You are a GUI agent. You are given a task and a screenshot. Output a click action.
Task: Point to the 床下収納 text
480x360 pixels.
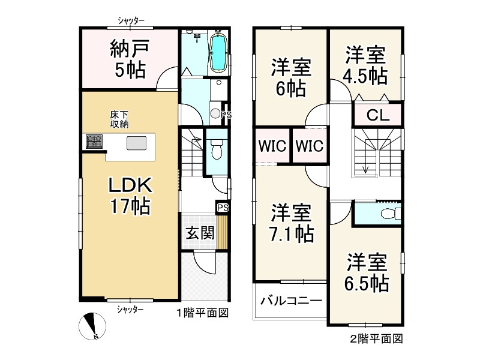coord(119,119)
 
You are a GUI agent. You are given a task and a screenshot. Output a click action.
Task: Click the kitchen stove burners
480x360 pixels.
coord(94,142)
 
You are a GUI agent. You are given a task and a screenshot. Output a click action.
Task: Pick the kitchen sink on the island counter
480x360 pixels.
coord(136,143)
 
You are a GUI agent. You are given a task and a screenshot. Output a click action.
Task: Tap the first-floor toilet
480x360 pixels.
coord(217,148)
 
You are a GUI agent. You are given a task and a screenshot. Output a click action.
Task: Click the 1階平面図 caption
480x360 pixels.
coord(203,313)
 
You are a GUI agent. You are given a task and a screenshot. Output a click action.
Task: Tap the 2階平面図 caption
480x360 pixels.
coord(376,338)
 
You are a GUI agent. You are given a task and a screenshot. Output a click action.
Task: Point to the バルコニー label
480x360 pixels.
coord(292,301)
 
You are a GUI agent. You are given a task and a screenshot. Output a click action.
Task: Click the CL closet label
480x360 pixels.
coord(376,114)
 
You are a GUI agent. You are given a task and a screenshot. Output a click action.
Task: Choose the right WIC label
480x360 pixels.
coord(309,145)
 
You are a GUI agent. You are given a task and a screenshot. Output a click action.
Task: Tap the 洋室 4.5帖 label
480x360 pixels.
coord(365,65)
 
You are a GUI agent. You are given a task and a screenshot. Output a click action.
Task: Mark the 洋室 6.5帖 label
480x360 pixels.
coord(367,272)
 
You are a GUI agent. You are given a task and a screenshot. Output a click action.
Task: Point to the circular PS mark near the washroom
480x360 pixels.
coord(216,113)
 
